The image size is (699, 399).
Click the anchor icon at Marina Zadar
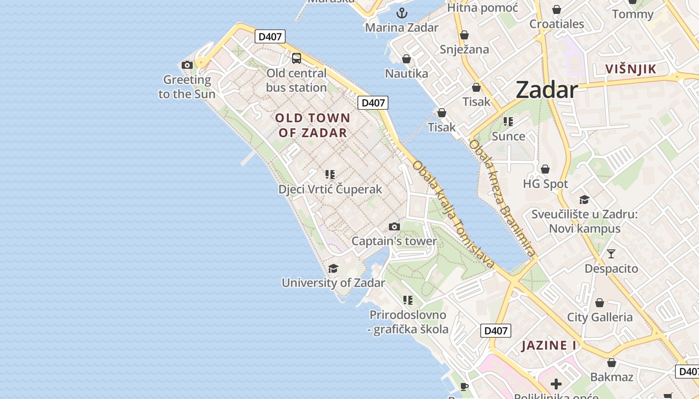click(x=402, y=13)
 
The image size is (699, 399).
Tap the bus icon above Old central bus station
click(x=297, y=58)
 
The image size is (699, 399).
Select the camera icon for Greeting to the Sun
click(x=187, y=65)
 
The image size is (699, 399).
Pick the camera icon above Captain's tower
click(x=394, y=227)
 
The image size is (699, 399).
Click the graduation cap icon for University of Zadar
click(x=333, y=269)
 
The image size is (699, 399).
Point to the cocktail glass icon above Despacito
click(x=611, y=254)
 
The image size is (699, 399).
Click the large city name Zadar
click(x=546, y=90)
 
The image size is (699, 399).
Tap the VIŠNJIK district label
click(x=630, y=69)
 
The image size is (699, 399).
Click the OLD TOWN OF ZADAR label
click(x=313, y=125)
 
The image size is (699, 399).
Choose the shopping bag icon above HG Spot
click(x=545, y=169)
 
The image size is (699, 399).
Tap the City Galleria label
click(x=600, y=317)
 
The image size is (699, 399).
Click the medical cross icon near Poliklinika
click(x=556, y=384)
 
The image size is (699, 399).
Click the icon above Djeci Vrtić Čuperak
click(x=330, y=175)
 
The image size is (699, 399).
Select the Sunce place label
click(x=508, y=136)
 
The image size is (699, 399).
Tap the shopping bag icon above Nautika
click(x=406, y=59)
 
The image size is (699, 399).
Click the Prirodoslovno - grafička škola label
click(x=408, y=322)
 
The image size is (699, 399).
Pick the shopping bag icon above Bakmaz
click(x=611, y=363)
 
